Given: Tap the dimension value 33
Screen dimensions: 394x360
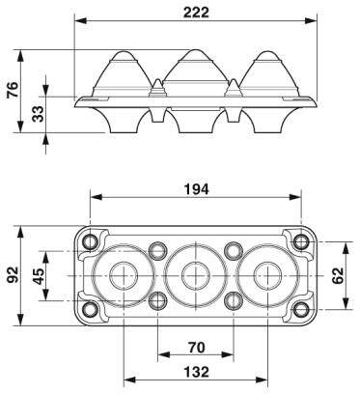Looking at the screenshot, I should point(37,112).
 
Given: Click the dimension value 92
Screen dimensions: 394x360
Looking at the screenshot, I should point(13,275).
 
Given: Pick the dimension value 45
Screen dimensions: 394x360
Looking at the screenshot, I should point(38,275).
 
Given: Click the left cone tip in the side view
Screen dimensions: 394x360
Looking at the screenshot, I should point(125,51).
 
